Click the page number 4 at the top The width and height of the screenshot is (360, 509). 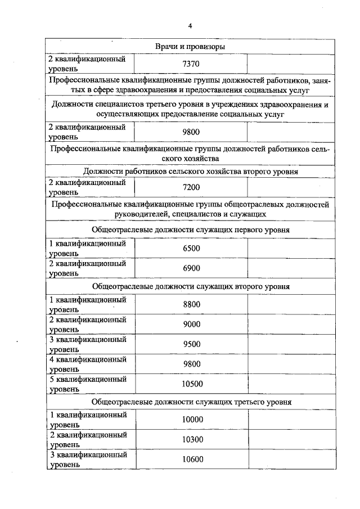[x=191, y=26]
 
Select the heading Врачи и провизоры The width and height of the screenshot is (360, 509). [x=191, y=47]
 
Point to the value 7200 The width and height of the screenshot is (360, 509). [x=191, y=187]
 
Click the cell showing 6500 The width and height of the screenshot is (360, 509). [x=191, y=249]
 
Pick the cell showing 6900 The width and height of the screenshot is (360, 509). [x=191, y=268]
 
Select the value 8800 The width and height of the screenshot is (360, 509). [x=191, y=304]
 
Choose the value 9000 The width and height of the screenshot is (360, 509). [x=191, y=324]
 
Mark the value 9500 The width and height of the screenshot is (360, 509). [x=191, y=344]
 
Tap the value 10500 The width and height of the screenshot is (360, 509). [x=191, y=384]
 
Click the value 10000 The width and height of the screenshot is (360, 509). [x=192, y=420]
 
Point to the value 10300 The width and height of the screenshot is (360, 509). [x=192, y=439]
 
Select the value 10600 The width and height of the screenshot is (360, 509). [x=192, y=460]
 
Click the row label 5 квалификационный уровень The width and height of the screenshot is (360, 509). [x=88, y=384]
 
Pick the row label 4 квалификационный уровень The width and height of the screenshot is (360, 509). [x=88, y=363]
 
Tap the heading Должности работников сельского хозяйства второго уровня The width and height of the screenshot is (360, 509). [x=191, y=171]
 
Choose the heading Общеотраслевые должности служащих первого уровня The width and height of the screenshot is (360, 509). [x=191, y=230]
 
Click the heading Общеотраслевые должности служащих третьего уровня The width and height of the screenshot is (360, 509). [x=191, y=403]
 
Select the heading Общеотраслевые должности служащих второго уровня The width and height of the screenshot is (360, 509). [x=191, y=286]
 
